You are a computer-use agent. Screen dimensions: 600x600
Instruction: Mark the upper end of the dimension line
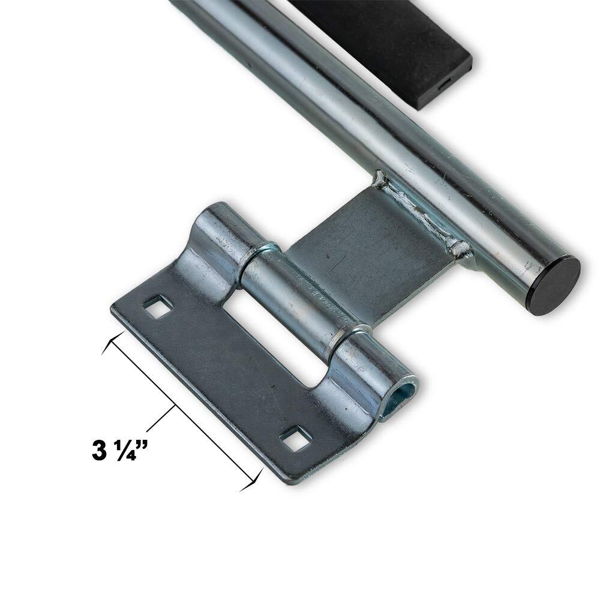coord(108,343)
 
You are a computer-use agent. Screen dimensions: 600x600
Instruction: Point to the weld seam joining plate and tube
coord(420,210)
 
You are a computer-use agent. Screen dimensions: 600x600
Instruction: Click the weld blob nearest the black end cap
coord(461,247)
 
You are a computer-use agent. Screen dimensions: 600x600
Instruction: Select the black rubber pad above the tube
coord(396,42)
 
